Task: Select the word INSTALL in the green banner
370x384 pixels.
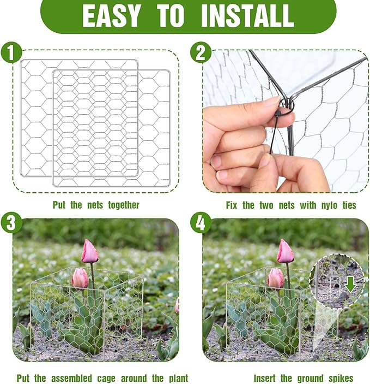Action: [247, 16]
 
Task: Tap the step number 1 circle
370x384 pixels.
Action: [11, 54]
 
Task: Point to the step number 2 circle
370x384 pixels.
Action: [200, 54]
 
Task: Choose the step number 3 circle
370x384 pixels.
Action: [11, 223]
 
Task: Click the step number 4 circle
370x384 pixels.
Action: [200, 223]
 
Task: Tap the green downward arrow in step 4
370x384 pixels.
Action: [349, 283]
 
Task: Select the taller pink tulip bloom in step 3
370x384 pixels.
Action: [89, 252]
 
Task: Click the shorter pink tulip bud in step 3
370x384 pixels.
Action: [80, 278]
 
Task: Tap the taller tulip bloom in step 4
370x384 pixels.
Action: [285, 252]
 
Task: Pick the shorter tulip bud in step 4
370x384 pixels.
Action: [276, 278]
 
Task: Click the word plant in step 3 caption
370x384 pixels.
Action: [175, 378]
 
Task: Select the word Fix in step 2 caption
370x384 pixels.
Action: [233, 205]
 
